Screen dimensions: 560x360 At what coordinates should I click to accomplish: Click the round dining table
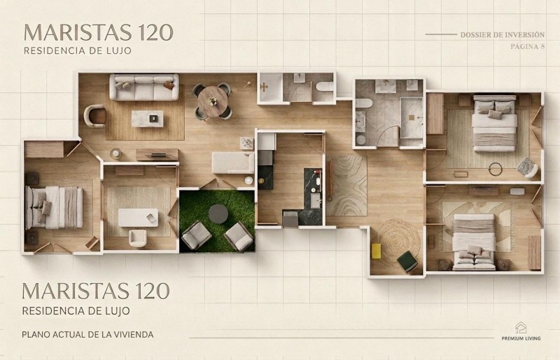point(213,101)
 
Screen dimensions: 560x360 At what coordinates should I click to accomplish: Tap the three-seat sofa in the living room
point(144,87)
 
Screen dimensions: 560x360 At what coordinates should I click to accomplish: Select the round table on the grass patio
point(218,214)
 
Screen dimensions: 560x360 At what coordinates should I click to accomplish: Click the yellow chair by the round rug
point(376,251)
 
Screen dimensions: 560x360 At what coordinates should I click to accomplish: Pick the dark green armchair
point(407,261)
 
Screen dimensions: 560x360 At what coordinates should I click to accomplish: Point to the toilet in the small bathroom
point(325,87)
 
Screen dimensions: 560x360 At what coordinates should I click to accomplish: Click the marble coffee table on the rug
point(147,118)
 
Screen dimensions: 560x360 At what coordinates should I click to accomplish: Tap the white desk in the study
point(138,218)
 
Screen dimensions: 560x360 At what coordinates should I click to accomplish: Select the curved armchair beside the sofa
point(95,116)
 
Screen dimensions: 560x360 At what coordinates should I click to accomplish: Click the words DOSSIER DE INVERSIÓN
point(502,35)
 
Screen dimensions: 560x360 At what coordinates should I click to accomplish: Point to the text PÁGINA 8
point(528,46)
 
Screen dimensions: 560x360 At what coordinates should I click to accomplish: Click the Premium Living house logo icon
point(521,328)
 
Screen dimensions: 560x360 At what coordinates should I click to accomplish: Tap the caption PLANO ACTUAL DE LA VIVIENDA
point(88,335)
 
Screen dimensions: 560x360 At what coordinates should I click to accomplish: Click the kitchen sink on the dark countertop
point(316,200)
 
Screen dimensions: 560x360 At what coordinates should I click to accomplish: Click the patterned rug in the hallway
point(346,186)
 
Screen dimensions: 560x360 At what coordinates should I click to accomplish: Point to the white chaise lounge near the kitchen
point(233,162)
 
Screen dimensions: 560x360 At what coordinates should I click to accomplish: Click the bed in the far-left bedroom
point(54,207)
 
